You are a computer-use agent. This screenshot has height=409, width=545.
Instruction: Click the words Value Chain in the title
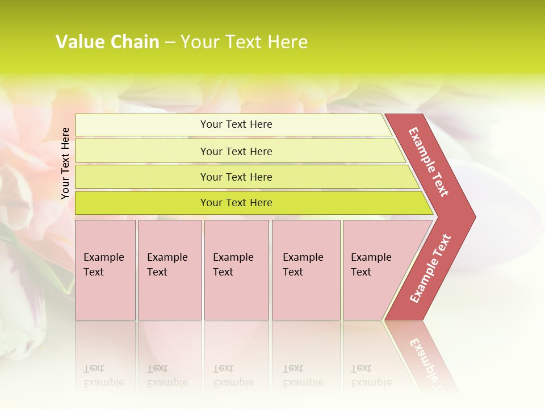coord(107,42)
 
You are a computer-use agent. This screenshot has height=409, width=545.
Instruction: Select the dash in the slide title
coord(170,43)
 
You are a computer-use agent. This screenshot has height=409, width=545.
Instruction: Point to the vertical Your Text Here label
coord(65,163)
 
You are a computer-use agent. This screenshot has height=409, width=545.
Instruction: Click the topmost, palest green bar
coord(142,125)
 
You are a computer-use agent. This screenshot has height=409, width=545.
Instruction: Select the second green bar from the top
coord(142,151)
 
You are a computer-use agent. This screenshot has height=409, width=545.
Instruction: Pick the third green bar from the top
coord(142,177)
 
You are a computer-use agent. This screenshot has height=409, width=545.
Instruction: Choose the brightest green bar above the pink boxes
coord(142,203)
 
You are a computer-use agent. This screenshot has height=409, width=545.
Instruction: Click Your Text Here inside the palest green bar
coord(236,124)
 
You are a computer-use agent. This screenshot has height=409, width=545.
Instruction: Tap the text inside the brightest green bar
coord(236,203)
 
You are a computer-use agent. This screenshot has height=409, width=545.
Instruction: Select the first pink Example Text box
coord(105,270)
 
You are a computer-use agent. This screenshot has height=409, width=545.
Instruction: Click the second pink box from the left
coord(169,270)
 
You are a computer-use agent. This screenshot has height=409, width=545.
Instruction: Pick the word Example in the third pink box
coord(233,257)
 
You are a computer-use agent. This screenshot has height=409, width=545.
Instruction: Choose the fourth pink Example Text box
coord(305,270)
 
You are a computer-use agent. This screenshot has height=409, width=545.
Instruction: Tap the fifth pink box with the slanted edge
coord(375,270)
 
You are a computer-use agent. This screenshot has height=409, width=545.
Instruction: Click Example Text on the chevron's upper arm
coord(429,162)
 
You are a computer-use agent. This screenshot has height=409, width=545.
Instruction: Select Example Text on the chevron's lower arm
coord(430,269)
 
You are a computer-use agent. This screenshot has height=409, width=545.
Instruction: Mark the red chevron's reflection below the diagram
coord(426,358)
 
